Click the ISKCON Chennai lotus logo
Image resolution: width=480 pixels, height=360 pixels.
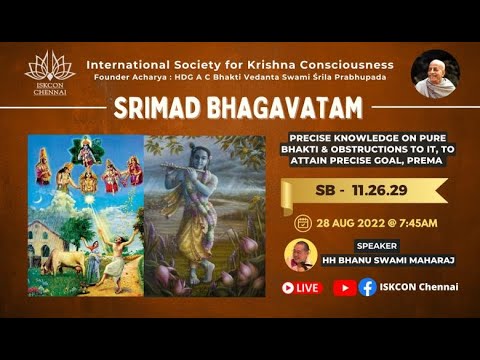[49, 69]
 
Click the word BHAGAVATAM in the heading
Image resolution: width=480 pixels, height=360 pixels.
[276, 107]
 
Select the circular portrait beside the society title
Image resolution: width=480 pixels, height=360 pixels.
[435, 74]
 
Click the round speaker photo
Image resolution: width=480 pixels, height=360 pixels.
[301, 254]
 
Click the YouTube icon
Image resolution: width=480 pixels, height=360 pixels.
[344, 287]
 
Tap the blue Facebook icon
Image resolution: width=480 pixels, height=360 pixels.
[368, 287]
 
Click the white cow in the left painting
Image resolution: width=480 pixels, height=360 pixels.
[66, 262]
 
